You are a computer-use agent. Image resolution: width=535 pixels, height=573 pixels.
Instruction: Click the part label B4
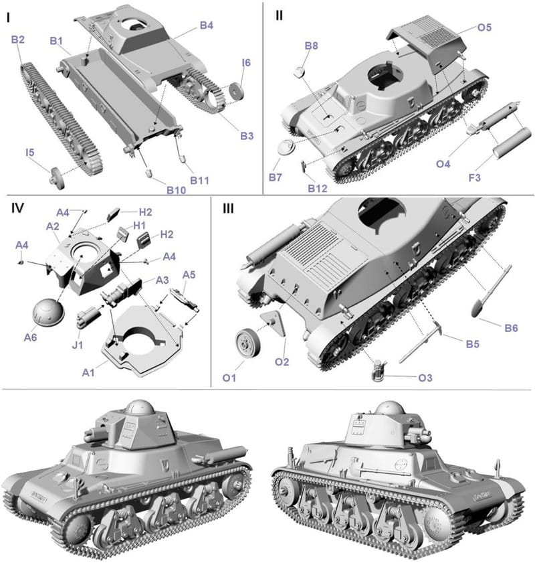point(207,25)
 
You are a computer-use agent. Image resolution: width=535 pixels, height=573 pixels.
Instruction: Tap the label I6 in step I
point(246,63)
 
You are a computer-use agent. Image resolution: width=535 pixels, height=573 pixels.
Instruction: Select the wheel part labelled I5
point(58,178)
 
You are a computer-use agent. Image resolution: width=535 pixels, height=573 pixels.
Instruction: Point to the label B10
point(177,190)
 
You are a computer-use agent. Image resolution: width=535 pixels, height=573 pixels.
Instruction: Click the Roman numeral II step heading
point(280,15)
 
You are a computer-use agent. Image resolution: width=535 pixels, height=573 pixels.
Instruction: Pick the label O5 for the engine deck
point(484,27)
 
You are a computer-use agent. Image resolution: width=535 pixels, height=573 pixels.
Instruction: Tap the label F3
point(474,178)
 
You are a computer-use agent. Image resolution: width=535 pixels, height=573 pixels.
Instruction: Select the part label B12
point(318,189)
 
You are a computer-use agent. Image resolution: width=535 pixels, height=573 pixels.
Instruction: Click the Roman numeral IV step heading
point(17,209)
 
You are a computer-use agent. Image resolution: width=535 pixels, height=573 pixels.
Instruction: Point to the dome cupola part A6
point(48,311)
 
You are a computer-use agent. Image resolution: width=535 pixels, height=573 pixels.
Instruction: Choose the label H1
point(139,226)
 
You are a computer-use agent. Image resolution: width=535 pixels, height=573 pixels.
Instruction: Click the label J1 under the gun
point(78,345)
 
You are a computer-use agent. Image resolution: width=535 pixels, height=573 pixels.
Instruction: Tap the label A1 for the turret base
point(88,372)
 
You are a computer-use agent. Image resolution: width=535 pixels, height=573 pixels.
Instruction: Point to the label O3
point(425,378)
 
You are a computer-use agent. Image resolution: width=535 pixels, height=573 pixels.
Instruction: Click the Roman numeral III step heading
point(228,209)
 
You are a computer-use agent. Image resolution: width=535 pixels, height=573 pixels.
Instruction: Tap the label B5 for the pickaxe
point(473,344)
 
